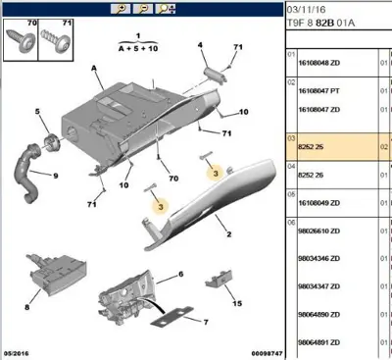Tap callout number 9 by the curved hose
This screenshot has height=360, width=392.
pos(56,176)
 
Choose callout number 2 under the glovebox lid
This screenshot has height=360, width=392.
pos(227,234)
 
